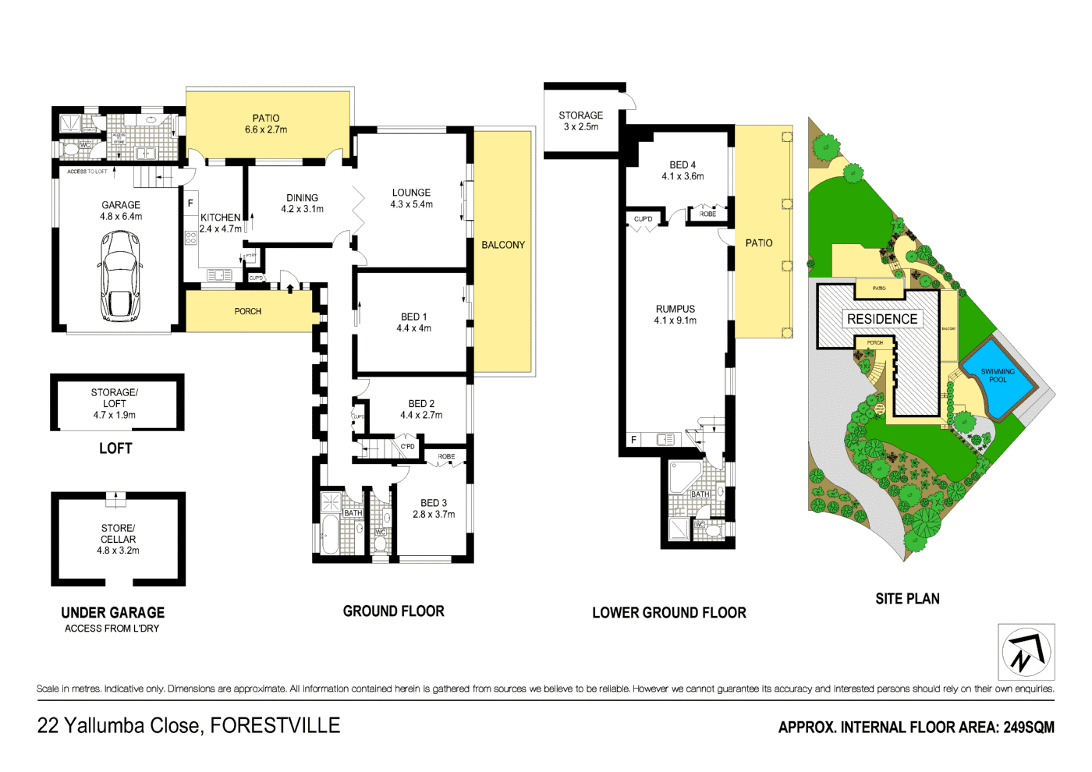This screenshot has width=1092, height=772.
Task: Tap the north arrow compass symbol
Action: point(1026,652)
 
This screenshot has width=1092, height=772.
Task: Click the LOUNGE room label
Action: point(411,193)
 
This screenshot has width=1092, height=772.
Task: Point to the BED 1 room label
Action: point(413,317)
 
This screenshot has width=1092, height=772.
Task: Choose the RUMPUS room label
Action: point(675,309)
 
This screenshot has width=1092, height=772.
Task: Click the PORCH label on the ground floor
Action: point(248,311)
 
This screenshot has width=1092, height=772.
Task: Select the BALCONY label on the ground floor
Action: point(503,245)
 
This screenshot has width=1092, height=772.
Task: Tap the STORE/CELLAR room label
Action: point(118,533)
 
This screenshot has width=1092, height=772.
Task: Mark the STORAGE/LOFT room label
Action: point(114,398)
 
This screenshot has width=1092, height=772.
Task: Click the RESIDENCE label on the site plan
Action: point(882,319)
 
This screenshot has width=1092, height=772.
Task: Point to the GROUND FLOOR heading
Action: point(393,611)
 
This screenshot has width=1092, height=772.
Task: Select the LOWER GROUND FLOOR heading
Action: point(668,613)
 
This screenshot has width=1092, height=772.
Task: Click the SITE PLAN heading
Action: point(907,599)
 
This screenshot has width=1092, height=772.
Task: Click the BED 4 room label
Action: point(682,165)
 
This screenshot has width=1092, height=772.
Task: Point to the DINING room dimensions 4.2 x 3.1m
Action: point(303,209)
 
